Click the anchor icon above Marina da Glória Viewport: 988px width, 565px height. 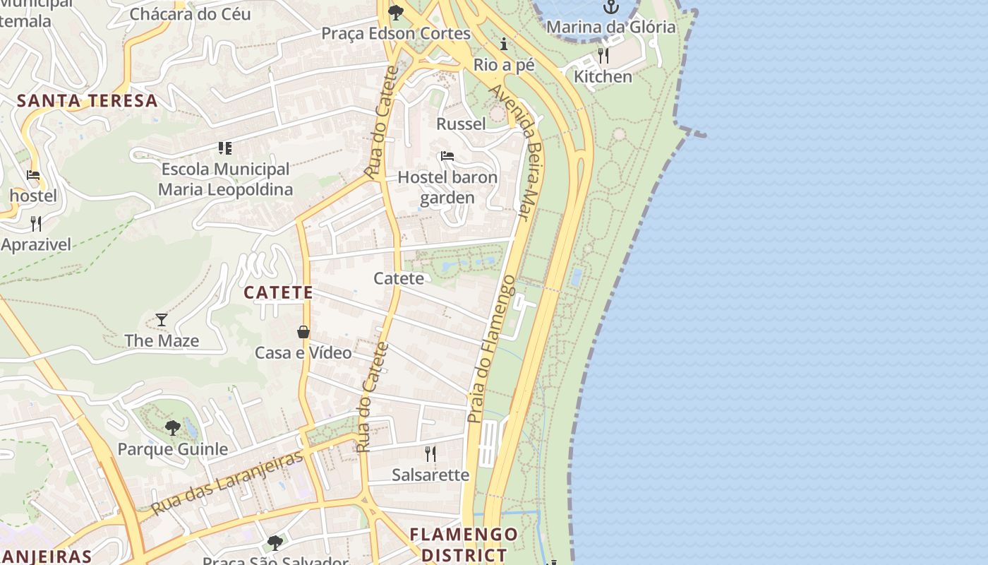pyautogui.click(x=610, y=8)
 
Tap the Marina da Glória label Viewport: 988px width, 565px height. pyautogui.click(x=610, y=28)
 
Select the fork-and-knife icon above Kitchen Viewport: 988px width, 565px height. pyautogui.click(x=603, y=55)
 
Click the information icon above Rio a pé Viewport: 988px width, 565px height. pyautogui.click(x=504, y=44)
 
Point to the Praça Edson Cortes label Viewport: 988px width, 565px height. pyautogui.click(x=395, y=33)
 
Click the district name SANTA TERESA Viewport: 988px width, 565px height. pyautogui.click(x=87, y=100)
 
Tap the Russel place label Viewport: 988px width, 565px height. pyautogui.click(x=461, y=124)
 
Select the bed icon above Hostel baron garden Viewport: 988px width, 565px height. pyautogui.click(x=447, y=156)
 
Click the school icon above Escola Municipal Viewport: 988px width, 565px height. pyautogui.click(x=225, y=148)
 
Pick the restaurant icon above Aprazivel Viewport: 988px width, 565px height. pyautogui.click(x=36, y=224)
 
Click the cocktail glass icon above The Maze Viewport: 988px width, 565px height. pyautogui.click(x=162, y=320)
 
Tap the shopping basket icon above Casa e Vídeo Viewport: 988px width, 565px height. pyautogui.click(x=303, y=332)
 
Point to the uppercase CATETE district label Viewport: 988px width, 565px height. pyautogui.click(x=278, y=292)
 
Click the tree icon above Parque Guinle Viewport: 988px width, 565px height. pyautogui.click(x=172, y=428)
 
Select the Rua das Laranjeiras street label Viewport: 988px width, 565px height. pyautogui.click(x=227, y=482)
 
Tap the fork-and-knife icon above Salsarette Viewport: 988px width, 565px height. pyautogui.click(x=430, y=453)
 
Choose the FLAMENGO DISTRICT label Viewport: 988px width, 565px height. pyautogui.click(x=464, y=545)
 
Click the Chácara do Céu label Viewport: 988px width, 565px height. pyautogui.click(x=190, y=14)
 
